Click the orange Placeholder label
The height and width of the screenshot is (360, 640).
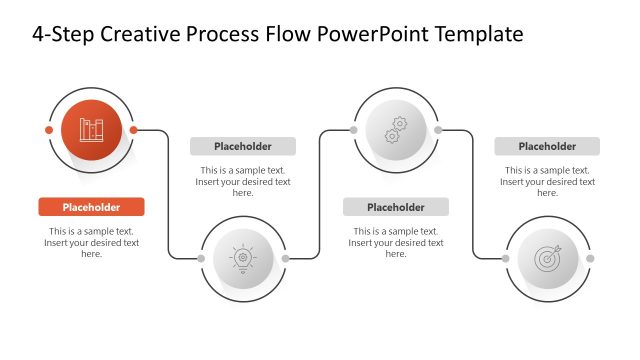coord(91,207)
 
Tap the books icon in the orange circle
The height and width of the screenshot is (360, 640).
coord(91,130)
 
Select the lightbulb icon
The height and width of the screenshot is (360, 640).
coord(243,258)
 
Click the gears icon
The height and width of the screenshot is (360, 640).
coord(395,130)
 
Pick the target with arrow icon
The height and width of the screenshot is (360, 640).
coord(547,258)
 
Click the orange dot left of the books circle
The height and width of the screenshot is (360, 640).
coord(49,130)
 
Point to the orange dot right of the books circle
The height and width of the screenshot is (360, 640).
coord(133,130)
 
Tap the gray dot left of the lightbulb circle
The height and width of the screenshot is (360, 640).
coord(201,258)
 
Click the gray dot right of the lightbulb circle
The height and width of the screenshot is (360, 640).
coord(285,258)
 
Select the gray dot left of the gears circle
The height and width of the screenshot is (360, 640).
coord(353,130)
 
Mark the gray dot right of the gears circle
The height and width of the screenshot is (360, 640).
coord(437,130)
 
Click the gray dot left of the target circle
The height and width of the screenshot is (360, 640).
coord(505,258)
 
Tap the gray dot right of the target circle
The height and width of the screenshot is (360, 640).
coord(589,258)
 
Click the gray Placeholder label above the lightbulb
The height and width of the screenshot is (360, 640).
coord(243,146)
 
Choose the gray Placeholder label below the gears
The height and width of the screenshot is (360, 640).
coord(395,207)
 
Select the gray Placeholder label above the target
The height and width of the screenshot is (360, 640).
coord(547,146)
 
